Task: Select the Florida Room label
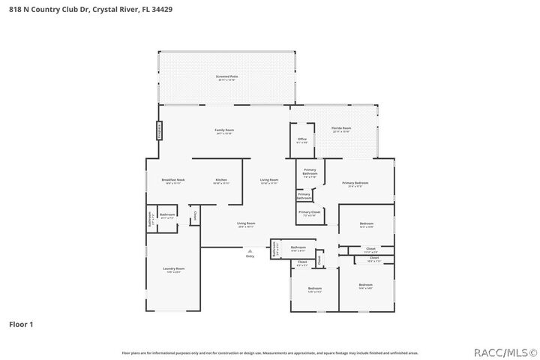pyautogui.click(x=341, y=129)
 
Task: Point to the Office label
pyautogui.click(x=302, y=139)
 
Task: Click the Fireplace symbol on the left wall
pyautogui.click(x=159, y=130)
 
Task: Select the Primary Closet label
pyautogui.click(x=310, y=213)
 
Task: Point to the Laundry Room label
pyautogui.click(x=173, y=269)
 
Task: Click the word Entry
pyautogui.click(x=250, y=256)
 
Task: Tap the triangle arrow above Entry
pyautogui.click(x=250, y=250)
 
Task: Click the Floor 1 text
pyautogui.click(x=21, y=325)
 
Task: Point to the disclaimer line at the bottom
pyautogui.click(x=269, y=352)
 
